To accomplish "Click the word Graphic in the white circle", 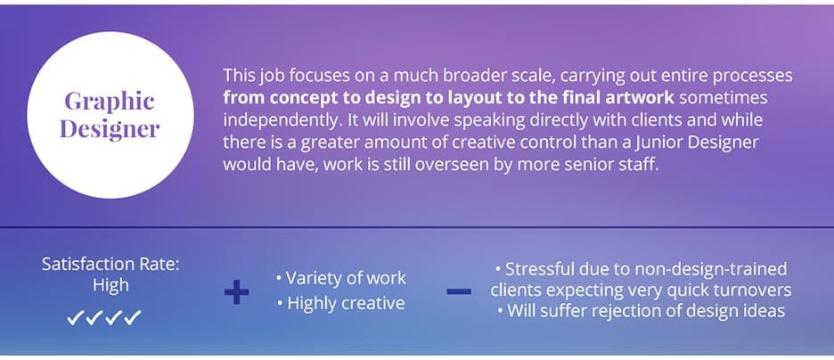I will (110, 102).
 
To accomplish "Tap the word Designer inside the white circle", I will (110, 129).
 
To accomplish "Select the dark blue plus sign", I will (236, 291).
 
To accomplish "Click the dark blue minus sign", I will (458, 291).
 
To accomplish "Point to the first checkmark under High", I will (75, 318).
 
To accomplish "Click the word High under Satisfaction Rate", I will (110, 285).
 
